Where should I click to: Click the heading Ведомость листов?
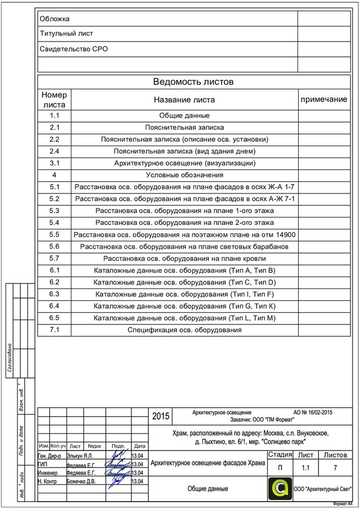[x=193, y=82]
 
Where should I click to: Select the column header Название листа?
[x=184, y=100]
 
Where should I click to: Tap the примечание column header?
[x=323, y=99]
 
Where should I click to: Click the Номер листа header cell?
[x=54, y=100]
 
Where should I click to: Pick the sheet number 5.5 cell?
[x=55, y=235]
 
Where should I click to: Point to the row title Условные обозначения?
[x=184, y=175]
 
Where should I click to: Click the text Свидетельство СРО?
[x=73, y=49]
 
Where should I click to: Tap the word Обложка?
[x=55, y=19]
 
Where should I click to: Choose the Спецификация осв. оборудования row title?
[x=184, y=330]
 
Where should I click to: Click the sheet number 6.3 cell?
[x=55, y=294]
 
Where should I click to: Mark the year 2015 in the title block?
[x=160, y=417]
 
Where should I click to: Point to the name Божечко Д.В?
[x=81, y=481]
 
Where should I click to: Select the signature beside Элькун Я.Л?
[x=118, y=454]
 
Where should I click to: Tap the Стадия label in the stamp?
[x=280, y=455]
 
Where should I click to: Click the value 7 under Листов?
[x=335, y=468]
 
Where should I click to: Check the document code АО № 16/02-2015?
[x=312, y=412]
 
